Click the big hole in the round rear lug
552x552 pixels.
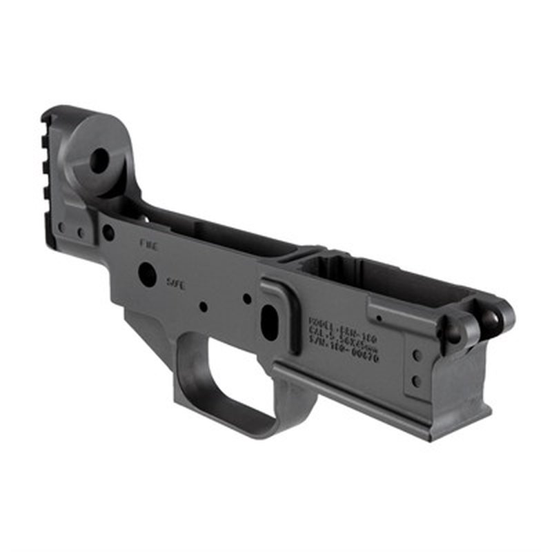coord(99,161)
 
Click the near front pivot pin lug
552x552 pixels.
coord(455,332)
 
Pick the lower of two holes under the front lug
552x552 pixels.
coord(415,379)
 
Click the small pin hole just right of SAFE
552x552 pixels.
coord(202,306)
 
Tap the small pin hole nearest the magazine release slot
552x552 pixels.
coord(246,299)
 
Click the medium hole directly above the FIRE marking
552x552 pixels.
coord(108,233)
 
